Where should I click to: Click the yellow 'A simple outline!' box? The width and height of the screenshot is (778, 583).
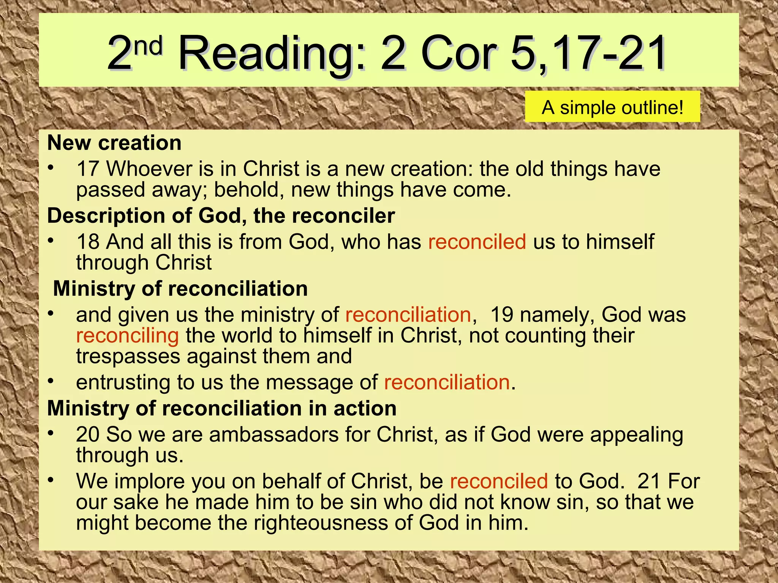(612, 107)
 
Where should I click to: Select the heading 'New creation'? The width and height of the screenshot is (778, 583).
(114, 143)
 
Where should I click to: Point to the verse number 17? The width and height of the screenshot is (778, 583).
(88, 169)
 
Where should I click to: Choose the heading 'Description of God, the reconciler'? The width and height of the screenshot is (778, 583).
(221, 216)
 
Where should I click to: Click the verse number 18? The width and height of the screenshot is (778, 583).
(88, 242)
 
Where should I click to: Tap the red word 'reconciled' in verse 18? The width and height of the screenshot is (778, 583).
(477, 242)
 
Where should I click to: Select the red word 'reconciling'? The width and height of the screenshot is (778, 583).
(127, 336)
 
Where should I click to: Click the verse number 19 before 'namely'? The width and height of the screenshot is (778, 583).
(501, 315)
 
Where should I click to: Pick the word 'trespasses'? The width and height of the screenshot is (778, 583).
(128, 357)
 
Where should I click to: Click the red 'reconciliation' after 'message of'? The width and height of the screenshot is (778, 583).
(447, 382)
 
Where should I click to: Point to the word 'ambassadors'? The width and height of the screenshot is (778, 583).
(274, 435)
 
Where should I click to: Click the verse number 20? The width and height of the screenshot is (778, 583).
(88, 435)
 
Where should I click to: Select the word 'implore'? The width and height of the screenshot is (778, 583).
(149, 482)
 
